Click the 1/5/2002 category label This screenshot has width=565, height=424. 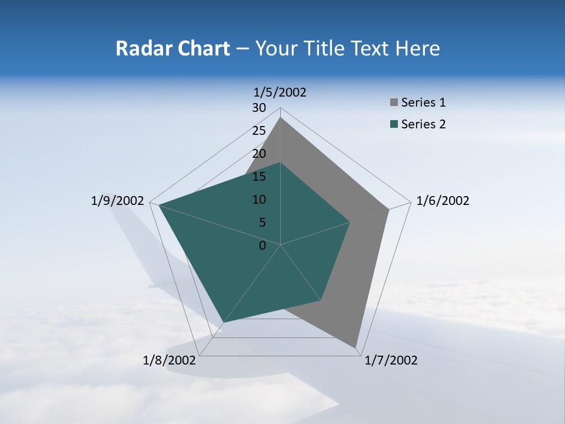(280, 92)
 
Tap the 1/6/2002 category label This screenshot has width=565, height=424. (443, 201)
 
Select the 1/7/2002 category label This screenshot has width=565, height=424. (391, 360)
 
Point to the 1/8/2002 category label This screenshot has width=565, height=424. (169, 360)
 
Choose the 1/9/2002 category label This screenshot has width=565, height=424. (118, 201)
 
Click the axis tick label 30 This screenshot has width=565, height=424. (259, 108)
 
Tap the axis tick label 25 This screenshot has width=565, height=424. (259, 131)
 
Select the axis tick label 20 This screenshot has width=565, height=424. (259, 154)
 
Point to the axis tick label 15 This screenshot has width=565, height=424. (259, 177)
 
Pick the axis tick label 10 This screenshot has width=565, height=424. (259, 200)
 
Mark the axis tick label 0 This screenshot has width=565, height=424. (262, 246)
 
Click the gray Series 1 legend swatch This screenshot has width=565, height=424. (394, 102)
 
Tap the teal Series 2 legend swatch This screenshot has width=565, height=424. (394, 124)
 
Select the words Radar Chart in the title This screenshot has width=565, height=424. (172, 48)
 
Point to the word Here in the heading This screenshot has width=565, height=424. (418, 48)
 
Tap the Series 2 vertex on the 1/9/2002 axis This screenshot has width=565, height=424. (159, 205)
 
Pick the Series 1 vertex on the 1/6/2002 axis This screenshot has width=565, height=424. (388, 209)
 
